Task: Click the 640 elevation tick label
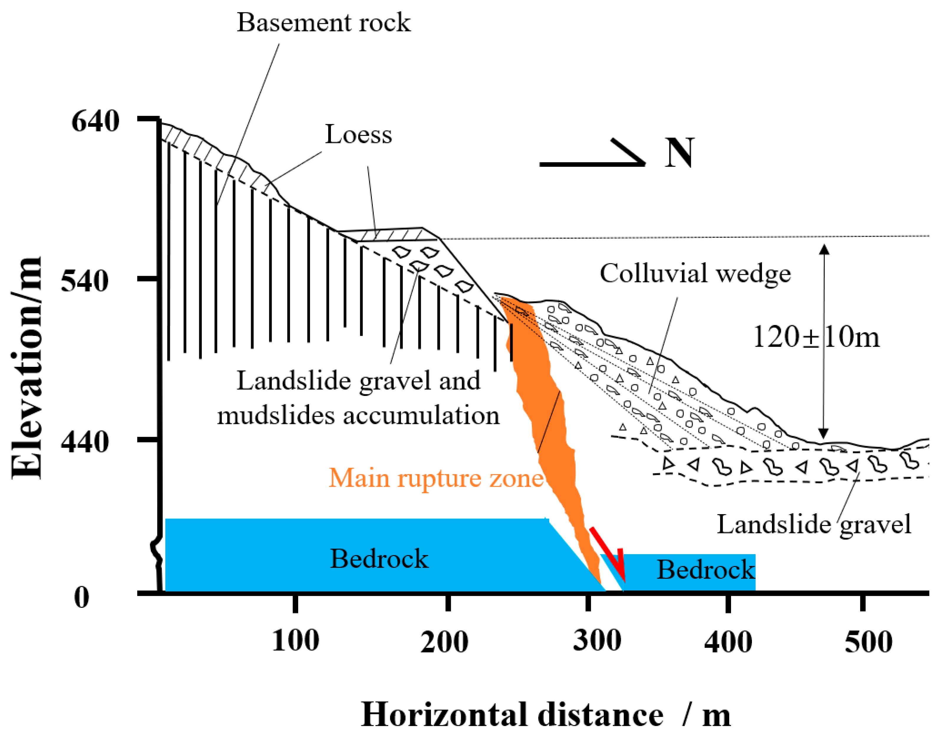(x=95, y=121)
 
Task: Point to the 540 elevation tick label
(x=84, y=281)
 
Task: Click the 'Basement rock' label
(x=323, y=23)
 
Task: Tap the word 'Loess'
(x=358, y=134)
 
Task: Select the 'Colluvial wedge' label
(x=695, y=273)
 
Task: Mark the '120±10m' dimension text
(x=816, y=337)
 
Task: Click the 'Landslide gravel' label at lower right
(x=814, y=524)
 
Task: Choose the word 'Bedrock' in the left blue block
(x=379, y=558)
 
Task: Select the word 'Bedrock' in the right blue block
(x=705, y=569)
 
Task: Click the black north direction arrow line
(x=590, y=164)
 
